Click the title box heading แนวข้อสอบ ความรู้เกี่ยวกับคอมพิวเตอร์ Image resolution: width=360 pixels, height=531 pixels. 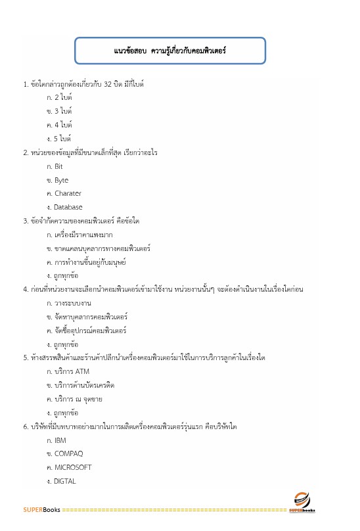tap(170, 51)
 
